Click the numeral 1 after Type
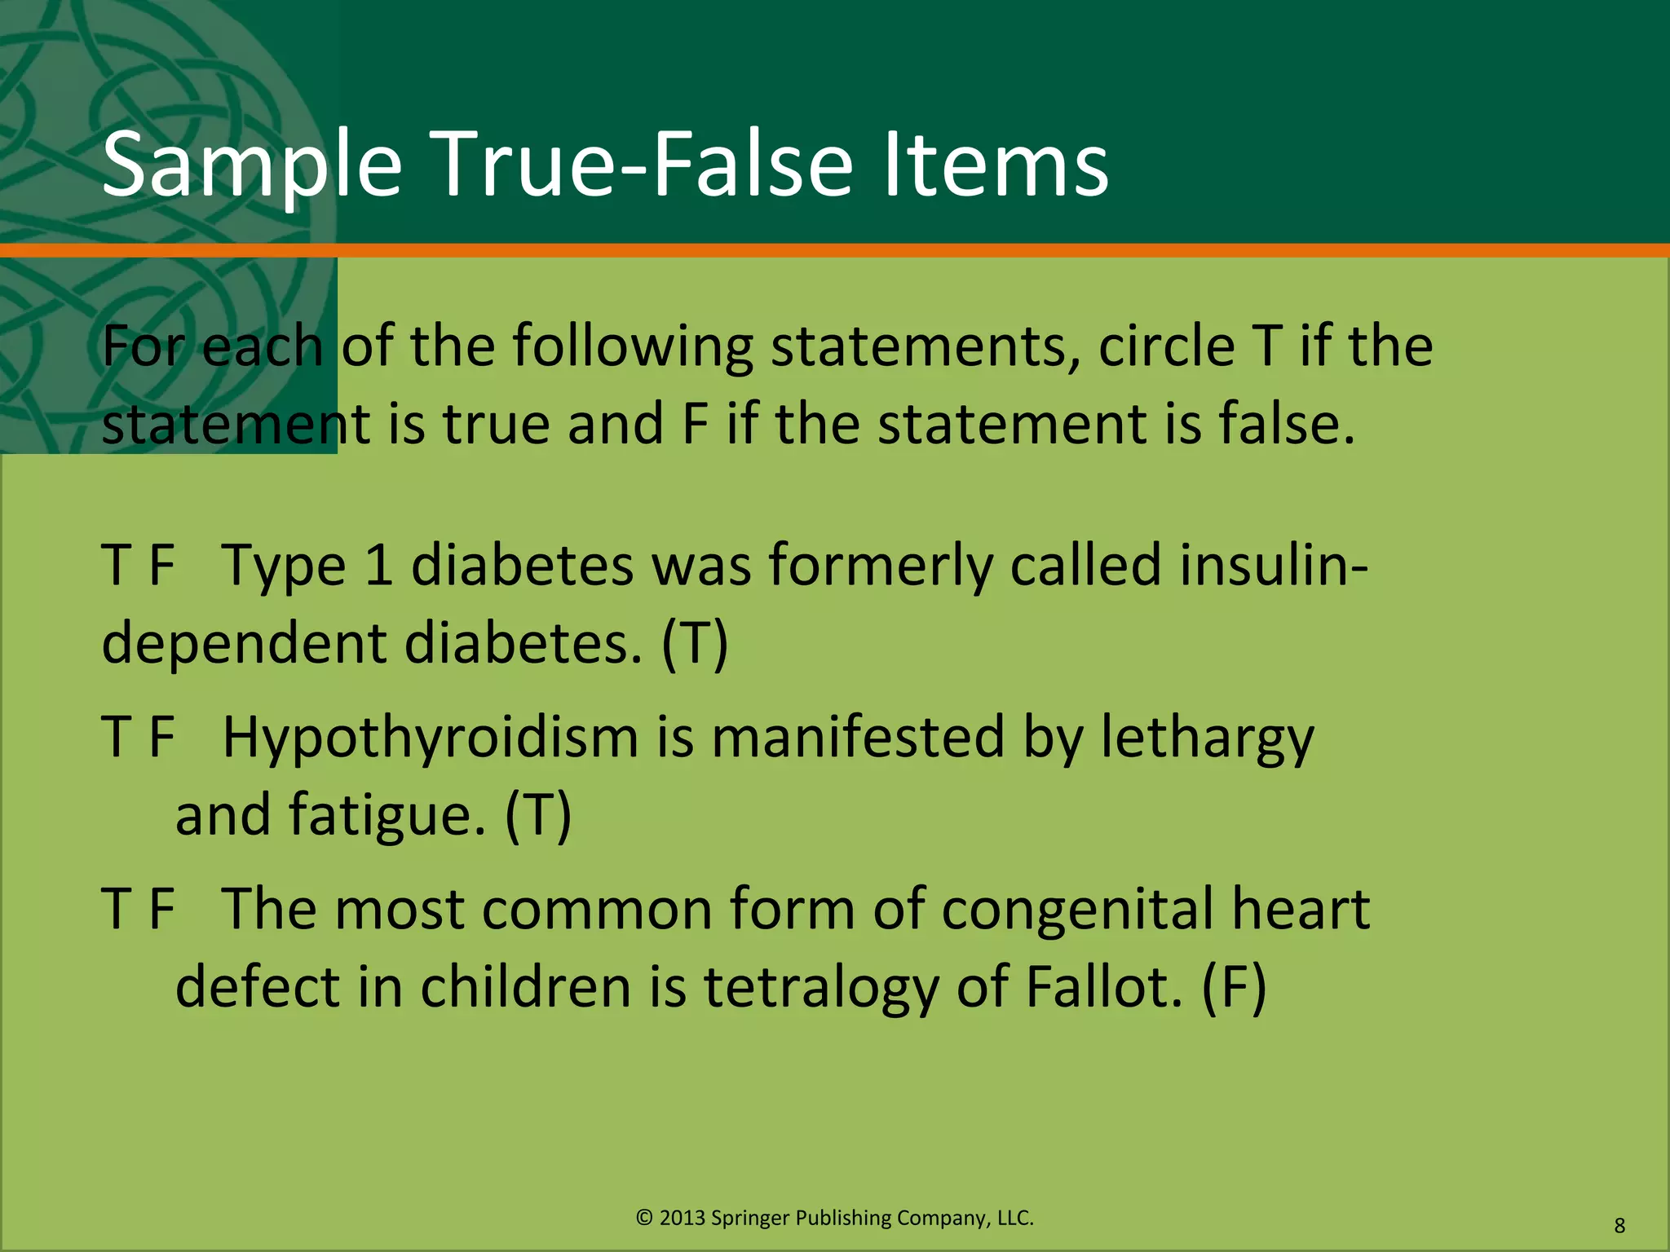coord(379,566)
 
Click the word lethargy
coord(1207,738)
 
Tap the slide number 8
coord(1619,1226)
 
